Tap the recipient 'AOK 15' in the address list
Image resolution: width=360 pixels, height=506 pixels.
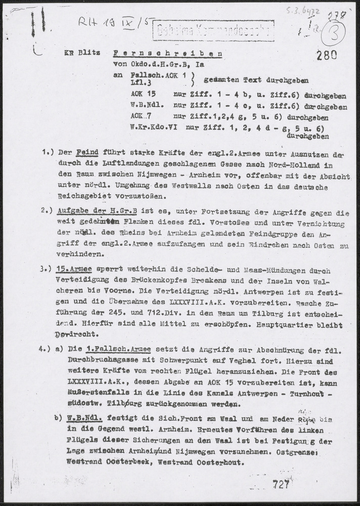coord(142,94)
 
